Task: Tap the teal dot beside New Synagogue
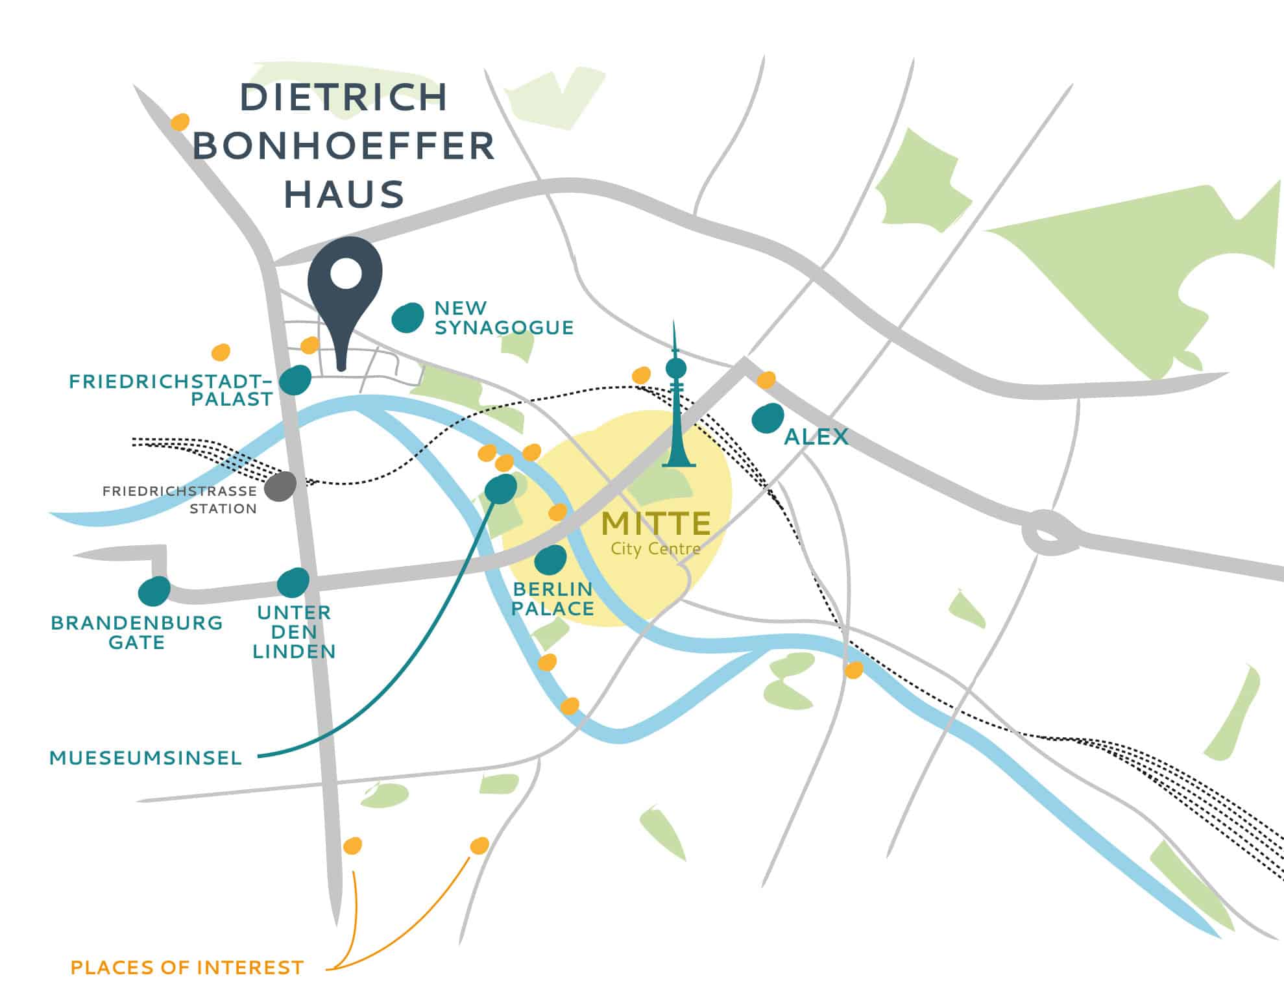point(408,318)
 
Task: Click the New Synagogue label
point(503,317)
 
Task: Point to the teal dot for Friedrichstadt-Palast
point(296,380)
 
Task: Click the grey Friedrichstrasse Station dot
point(280,486)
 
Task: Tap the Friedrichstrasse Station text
point(180,500)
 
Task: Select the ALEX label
point(816,437)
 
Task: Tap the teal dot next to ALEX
point(768,419)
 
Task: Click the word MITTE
point(657,523)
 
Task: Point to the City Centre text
point(655,549)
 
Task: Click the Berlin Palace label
point(552,598)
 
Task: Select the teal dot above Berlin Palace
point(551,559)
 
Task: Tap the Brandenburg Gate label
point(137,632)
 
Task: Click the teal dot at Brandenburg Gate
point(154,591)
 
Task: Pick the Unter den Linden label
point(294,632)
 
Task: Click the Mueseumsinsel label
point(145,757)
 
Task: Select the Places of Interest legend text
point(187,968)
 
